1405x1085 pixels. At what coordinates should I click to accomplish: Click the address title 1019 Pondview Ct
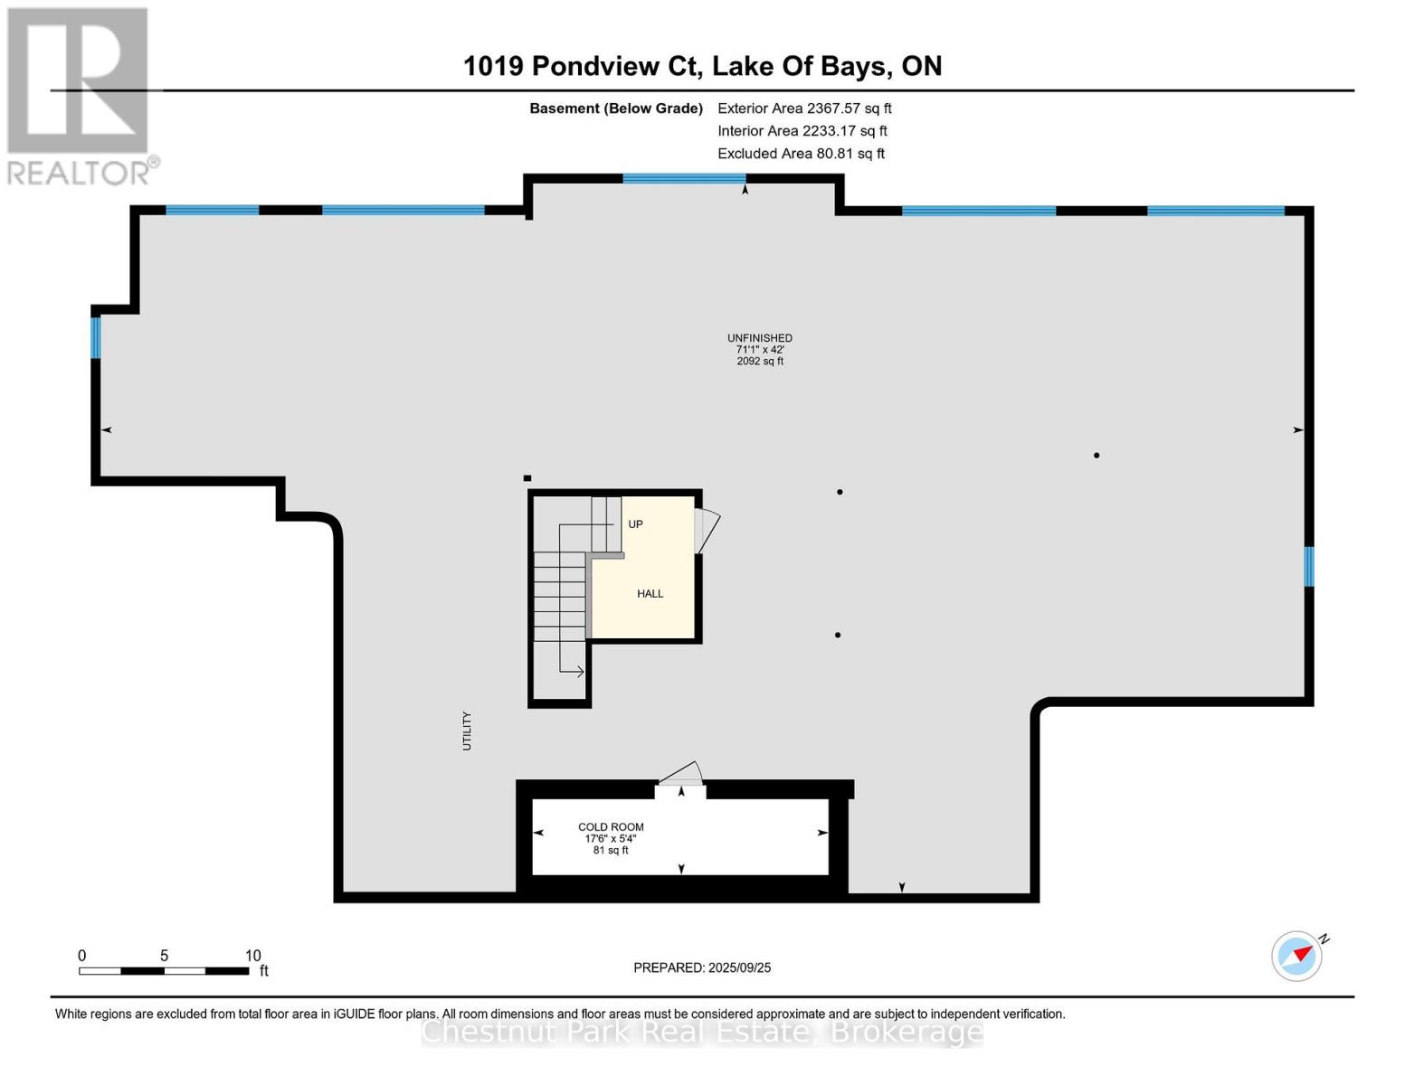[x=702, y=66]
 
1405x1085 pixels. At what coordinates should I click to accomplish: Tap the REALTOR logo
[x=80, y=96]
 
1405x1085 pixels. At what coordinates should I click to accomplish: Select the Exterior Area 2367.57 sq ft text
[x=804, y=108]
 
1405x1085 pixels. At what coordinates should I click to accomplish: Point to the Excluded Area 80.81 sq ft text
[x=801, y=154]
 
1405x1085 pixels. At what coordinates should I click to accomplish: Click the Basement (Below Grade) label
[x=616, y=108]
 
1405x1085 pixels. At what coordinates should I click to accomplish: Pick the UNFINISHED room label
[x=760, y=338]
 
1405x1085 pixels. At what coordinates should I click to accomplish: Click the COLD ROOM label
[x=611, y=826]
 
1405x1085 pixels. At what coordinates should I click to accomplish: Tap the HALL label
[x=650, y=594]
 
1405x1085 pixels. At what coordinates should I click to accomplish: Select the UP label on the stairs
[x=635, y=524]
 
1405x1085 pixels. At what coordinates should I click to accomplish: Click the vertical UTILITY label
[x=467, y=731]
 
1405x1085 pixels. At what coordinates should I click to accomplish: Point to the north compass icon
[x=1298, y=955]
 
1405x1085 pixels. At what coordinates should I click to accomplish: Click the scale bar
[x=164, y=971]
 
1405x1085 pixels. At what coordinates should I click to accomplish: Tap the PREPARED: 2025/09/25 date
[x=702, y=967]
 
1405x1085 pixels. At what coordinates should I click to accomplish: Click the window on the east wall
[x=1308, y=566]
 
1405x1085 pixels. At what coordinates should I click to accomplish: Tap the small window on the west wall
[x=95, y=336]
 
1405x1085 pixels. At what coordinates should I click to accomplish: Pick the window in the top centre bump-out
[x=684, y=178]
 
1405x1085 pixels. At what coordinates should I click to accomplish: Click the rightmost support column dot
[x=1096, y=456]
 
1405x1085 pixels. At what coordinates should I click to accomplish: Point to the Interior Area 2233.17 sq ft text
[x=802, y=131]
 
